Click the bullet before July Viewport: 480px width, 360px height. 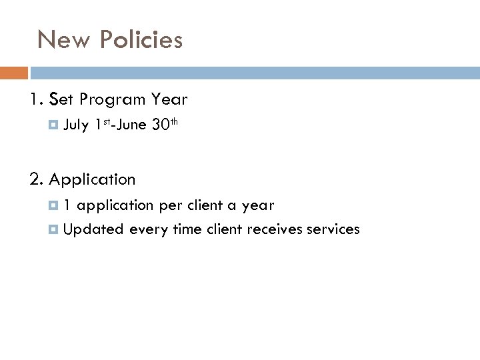(55, 124)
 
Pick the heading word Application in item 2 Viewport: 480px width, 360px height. (93, 180)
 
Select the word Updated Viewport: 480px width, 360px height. (94, 230)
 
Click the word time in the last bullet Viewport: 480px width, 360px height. (187, 230)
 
